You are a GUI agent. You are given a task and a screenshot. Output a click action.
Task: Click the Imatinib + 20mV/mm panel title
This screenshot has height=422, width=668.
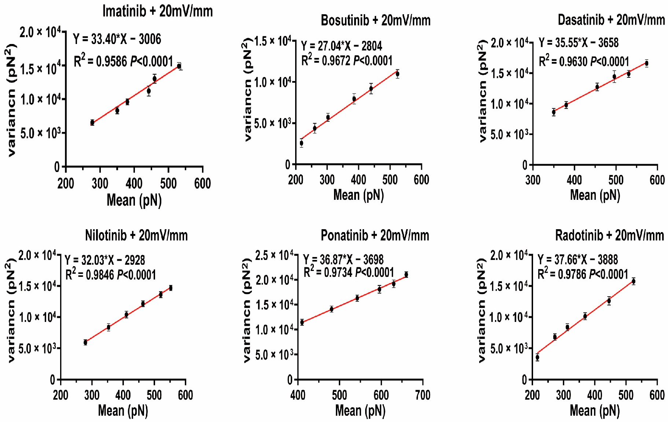tap(157, 11)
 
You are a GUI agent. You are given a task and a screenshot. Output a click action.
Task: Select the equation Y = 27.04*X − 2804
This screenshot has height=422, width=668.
tap(341, 46)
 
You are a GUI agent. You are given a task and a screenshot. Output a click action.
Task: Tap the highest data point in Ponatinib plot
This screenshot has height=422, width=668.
tap(406, 275)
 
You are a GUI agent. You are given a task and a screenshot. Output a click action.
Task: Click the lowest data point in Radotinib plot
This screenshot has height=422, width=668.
tap(537, 357)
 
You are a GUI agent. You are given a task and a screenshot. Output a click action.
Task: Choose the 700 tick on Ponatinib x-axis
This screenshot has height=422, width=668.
tap(423, 395)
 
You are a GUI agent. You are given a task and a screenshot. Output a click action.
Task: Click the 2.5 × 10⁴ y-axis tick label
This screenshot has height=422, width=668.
tap(274, 255)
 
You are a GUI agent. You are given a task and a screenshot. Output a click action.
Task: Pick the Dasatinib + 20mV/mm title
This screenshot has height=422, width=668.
tap(611, 20)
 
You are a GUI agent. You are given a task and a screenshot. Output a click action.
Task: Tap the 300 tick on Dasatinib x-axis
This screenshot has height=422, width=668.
tap(533, 180)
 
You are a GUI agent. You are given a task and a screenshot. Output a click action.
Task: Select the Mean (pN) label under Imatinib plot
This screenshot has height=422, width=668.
tap(134, 200)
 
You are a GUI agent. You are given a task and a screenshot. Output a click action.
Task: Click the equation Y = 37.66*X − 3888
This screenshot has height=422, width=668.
tap(578, 260)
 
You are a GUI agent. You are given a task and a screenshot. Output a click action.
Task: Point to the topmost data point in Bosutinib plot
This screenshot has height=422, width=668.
tap(397, 74)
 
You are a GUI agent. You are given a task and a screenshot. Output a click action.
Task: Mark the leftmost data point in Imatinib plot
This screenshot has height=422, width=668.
tap(92, 122)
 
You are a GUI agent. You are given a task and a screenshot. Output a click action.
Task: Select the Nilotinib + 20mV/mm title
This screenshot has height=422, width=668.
tap(136, 235)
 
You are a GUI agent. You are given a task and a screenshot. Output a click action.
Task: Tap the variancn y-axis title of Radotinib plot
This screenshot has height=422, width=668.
tap(482, 310)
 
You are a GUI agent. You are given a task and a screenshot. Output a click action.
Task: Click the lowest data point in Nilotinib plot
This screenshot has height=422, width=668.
tap(85, 342)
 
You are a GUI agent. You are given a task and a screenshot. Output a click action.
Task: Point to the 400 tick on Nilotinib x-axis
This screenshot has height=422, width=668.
tap(123, 395)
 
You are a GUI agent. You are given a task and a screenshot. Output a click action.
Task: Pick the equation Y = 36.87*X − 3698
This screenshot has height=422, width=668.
tap(343, 260)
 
